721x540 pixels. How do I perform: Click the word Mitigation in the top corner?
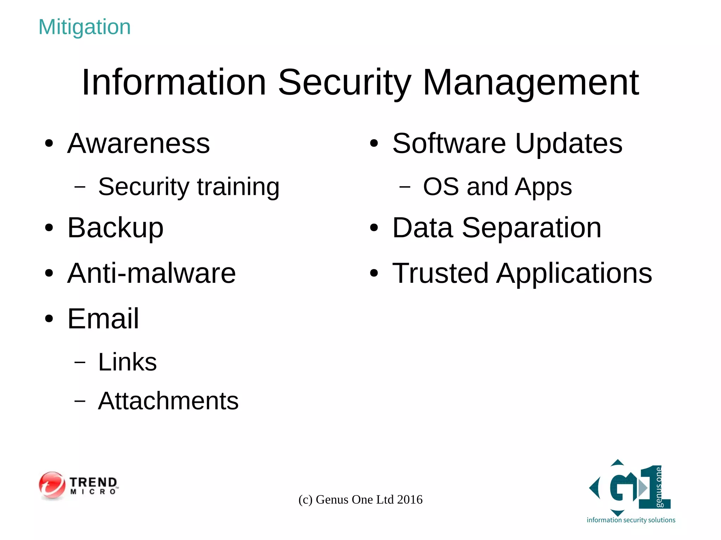tap(84, 27)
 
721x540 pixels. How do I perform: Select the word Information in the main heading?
tap(174, 82)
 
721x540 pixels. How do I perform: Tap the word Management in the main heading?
tap(531, 83)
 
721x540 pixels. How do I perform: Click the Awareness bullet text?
tap(139, 144)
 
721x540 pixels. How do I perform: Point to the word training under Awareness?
tap(238, 187)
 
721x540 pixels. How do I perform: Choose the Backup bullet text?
tap(115, 228)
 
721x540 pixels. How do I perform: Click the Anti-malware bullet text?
tap(151, 273)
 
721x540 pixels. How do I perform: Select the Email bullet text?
tap(103, 319)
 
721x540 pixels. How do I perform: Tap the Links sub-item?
tap(127, 362)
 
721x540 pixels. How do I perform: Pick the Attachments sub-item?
tap(168, 401)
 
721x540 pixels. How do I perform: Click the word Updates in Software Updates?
tap(569, 144)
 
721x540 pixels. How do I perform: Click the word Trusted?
tap(440, 273)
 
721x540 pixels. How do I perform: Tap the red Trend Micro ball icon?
tap(52, 485)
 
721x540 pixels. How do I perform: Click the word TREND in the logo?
tap(93, 482)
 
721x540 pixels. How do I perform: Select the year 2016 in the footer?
tap(409, 500)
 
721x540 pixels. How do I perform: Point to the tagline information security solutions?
tap(631, 520)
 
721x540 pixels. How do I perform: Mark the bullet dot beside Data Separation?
tap(374, 228)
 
